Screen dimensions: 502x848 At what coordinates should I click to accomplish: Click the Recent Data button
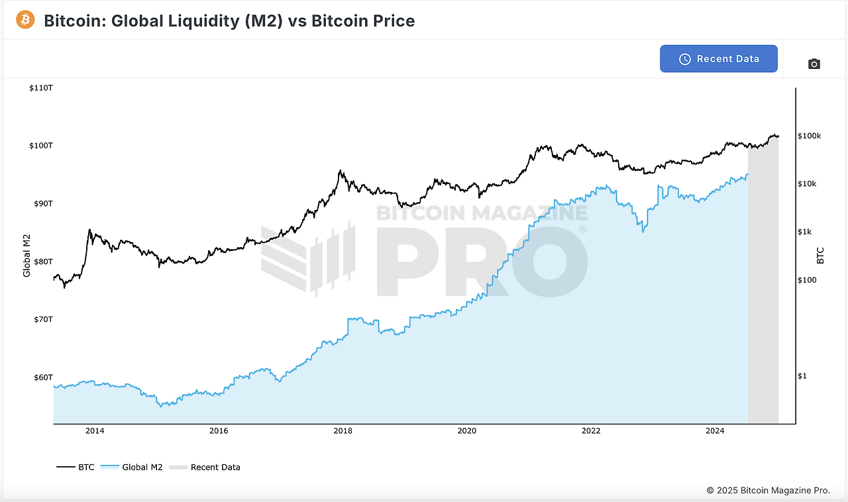pos(719,59)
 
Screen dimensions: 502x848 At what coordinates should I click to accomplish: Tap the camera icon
pos(814,64)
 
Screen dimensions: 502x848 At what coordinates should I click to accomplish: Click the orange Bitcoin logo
pos(25,20)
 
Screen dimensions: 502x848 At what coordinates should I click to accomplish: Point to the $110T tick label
pos(41,87)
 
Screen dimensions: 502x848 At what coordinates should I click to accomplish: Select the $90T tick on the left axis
pos(43,203)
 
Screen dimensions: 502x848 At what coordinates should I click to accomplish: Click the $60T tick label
pos(43,377)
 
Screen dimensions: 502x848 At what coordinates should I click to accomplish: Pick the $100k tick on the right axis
pos(810,136)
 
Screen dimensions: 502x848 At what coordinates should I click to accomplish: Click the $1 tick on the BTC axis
pos(802,376)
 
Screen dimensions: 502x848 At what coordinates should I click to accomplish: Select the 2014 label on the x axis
pos(95,431)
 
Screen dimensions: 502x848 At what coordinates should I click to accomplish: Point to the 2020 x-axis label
pos(467,431)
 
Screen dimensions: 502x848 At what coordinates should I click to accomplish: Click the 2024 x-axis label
pos(715,431)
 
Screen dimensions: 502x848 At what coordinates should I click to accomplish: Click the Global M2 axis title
pos(27,256)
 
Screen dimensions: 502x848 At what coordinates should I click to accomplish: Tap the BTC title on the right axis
pos(820,256)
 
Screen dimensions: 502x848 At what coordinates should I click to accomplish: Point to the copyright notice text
pos(768,491)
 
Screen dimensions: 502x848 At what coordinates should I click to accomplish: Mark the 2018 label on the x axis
pos(343,431)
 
